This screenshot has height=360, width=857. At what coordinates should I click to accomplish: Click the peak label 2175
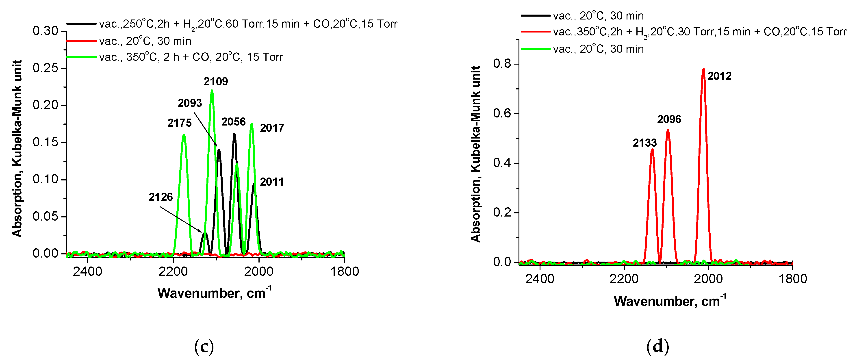[x=179, y=123]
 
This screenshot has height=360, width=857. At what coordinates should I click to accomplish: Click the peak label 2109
[x=216, y=82]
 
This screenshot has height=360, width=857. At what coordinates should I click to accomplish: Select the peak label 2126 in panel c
[x=161, y=197]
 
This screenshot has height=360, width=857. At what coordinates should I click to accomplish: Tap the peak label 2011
[x=272, y=182]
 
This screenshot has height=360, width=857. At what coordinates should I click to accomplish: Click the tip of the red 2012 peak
[x=703, y=69]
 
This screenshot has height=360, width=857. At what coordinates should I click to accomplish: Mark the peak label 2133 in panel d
[x=645, y=143]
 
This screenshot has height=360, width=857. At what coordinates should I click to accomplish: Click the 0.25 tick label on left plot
[x=46, y=68]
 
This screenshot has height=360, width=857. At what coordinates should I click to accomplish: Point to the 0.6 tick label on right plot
[x=502, y=113]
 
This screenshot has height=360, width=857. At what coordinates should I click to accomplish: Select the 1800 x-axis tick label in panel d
[x=792, y=279]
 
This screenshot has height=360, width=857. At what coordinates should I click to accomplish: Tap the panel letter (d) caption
[x=657, y=347]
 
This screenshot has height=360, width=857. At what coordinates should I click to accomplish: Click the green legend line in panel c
[x=82, y=57]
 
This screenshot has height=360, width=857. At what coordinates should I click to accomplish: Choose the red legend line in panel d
[x=535, y=32]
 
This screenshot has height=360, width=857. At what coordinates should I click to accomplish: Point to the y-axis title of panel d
[x=475, y=154]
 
